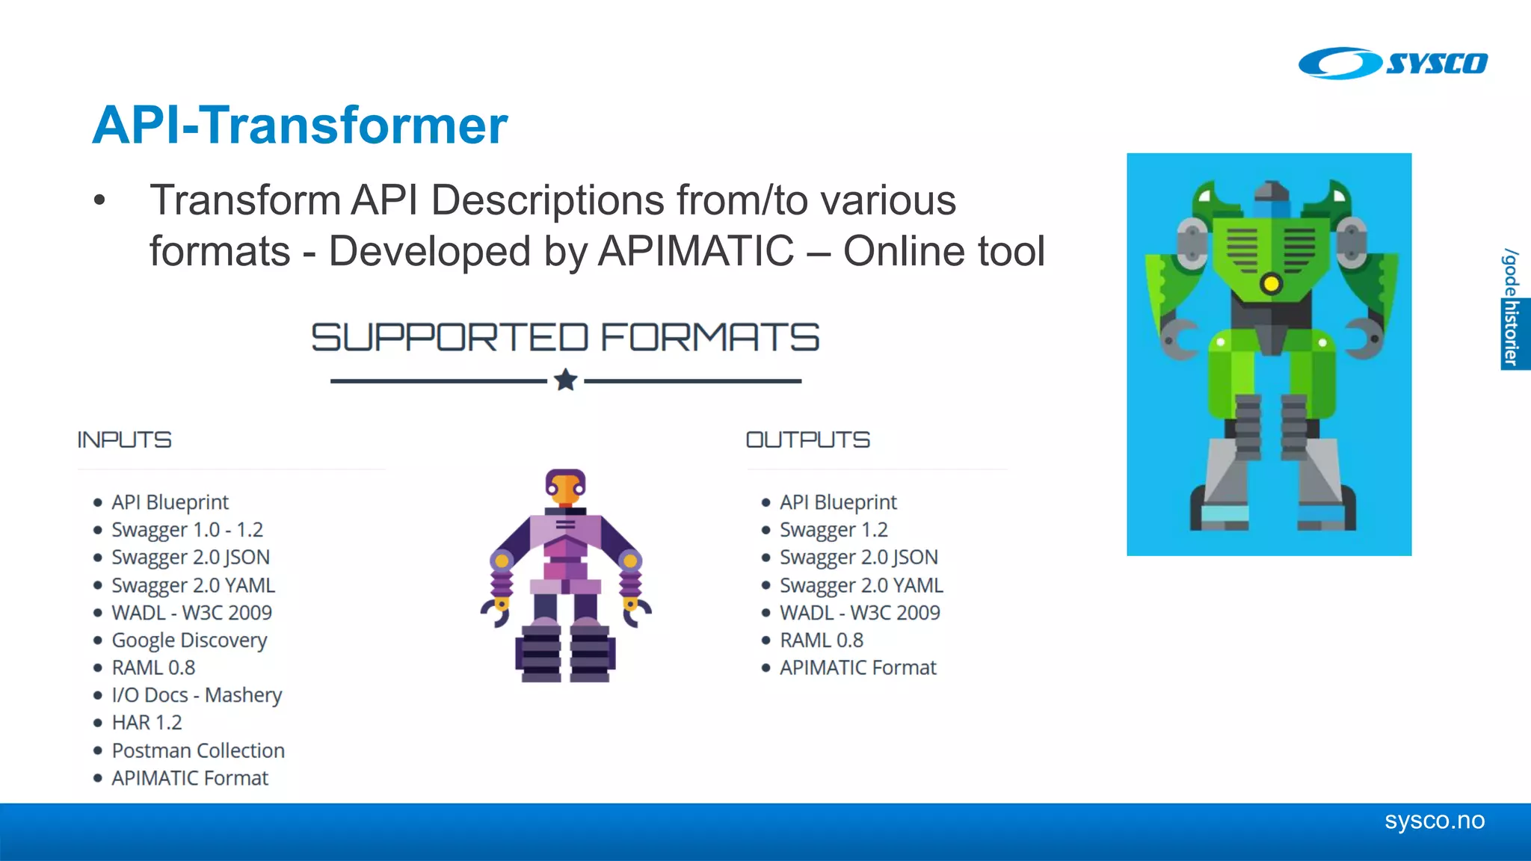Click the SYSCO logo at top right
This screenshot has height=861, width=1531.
1392,63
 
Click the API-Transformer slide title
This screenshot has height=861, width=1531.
300,125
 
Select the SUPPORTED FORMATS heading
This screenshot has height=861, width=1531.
565,337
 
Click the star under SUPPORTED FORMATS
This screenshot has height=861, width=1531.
566,380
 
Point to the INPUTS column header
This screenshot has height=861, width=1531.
124,439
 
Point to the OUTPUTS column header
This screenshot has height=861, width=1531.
807,439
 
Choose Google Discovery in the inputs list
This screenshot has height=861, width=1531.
189,641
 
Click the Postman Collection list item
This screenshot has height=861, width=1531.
198,750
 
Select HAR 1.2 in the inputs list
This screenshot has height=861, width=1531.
147,723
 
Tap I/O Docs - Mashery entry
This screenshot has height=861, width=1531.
197,695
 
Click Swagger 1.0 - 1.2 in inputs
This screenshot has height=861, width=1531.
187,530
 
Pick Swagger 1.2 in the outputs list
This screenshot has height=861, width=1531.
834,530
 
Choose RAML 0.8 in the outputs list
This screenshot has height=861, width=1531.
821,641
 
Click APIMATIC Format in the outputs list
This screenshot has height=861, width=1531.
857,667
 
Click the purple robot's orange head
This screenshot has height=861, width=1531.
565,490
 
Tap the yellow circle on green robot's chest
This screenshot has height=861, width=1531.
1271,283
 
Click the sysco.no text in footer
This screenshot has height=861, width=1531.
1434,821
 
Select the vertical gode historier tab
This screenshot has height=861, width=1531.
1513,308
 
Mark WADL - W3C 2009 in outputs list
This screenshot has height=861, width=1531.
860,613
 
